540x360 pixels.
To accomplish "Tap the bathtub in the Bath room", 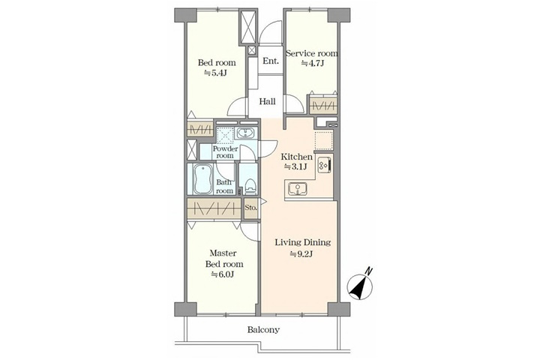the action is click(202, 179).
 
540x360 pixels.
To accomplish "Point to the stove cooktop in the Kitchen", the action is click(325, 165).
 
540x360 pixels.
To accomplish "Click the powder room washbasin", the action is click(244, 133).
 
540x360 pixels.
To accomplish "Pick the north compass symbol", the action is click(361, 283).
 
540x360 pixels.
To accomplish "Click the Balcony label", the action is click(263, 330).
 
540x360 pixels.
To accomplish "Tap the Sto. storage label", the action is click(250, 208).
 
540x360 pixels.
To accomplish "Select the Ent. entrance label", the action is click(271, 61).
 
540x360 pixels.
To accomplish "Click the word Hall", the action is click(267, 102).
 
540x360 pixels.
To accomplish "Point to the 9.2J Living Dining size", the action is click(301, 254).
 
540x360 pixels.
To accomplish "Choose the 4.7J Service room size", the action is click(313, 64).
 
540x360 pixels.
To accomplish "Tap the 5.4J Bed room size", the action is click(216, 73).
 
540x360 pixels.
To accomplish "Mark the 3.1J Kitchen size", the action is click(295, 166).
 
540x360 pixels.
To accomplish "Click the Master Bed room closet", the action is click(214, 208).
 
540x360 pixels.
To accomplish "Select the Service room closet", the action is click(322, 106).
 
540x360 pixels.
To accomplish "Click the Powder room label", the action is click(225, 152).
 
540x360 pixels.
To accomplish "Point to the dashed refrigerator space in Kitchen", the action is click(324, 141).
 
